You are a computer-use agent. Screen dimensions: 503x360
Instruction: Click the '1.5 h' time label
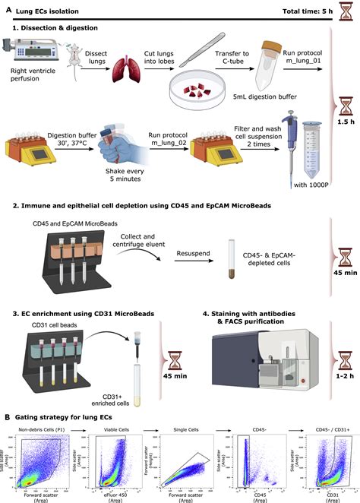tap(344, 143)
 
